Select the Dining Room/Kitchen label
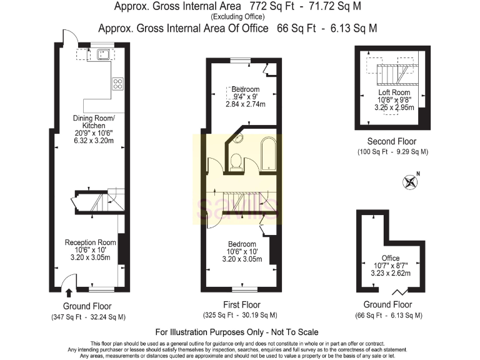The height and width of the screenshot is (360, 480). coord(94,122)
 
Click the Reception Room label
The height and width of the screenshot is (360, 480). coord(91,242)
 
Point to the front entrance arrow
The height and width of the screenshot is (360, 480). coord(68,291)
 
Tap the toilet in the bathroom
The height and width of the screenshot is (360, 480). coord(236,161)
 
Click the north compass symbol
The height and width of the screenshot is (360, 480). coord(411,182)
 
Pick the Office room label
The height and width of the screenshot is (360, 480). coord(391,257)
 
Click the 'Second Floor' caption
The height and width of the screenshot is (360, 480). coord(392,142)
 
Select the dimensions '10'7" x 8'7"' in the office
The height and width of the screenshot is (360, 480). coord(391,266)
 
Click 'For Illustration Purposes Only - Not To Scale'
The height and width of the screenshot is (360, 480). coord(240,332)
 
